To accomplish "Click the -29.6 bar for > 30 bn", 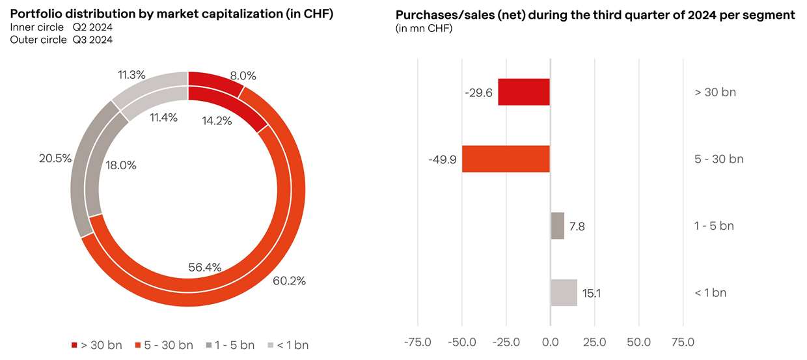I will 524,92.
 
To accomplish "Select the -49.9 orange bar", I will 506,159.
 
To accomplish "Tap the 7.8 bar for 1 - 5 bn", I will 558,226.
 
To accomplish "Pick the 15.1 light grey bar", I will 564,293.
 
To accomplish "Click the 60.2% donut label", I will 289,281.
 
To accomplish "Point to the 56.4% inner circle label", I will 205,267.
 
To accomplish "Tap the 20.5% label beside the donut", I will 55,158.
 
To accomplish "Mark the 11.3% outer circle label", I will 131,75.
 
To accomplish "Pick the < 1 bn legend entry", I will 291,345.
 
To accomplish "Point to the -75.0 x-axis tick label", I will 417,342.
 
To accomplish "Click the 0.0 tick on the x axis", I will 551,342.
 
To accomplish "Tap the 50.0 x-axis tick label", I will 639,342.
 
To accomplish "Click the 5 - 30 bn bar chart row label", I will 718,159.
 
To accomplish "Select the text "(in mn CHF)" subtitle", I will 424,29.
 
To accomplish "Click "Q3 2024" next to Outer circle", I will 92,40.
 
